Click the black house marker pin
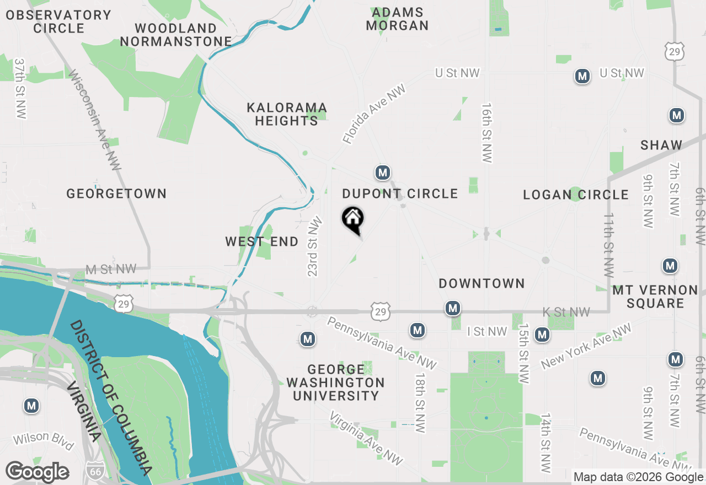point(353,219)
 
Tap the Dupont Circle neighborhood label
point(400,194)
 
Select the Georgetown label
point(116,194)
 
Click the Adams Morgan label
point(397,19)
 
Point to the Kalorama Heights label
point(287,114)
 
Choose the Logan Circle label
point(576,195)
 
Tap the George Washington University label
point(336,382)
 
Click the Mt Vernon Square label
point(655,297)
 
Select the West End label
point(262,242)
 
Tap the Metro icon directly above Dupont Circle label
point(383,173)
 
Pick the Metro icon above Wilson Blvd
point(31,406)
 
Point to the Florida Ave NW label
point(374,114)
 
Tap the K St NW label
point(566,312)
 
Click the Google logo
point(37,472)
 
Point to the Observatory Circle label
point(58,21)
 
